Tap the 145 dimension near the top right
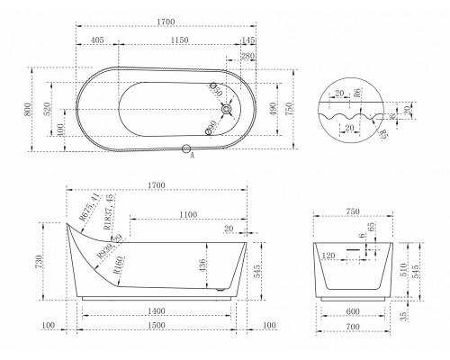(247, 41)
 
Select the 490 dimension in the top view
(274, 108)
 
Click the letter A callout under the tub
(193, 156)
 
